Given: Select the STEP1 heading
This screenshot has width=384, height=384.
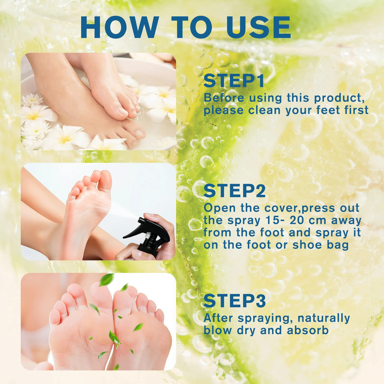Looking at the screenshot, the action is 234,81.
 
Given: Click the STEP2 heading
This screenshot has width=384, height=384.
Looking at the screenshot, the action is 234,191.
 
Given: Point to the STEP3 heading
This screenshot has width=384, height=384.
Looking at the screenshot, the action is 235,301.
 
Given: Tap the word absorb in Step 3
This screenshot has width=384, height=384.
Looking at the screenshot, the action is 308,330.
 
